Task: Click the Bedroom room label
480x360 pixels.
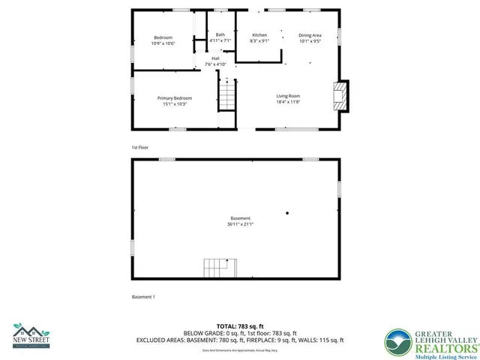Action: [163, 37]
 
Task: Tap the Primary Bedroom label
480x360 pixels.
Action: [174, 98]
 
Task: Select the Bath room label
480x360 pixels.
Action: [220, 34]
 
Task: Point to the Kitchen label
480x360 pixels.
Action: [259, 35]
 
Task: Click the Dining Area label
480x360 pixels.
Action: [310, 35]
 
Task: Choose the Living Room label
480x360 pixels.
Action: [288, 96]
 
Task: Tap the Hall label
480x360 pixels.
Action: [215, 58]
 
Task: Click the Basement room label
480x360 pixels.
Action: [240, 218]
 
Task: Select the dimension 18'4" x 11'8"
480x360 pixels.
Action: [288, 102]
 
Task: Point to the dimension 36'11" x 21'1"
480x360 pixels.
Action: [240, 224]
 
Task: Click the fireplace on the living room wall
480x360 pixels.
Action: [340, 96]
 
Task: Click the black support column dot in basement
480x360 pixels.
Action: [286, 213]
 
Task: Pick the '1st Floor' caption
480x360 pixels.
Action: [140, 148]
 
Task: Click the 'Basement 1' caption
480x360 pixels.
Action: [143, 297]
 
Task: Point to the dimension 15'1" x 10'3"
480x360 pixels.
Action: [174, 104]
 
